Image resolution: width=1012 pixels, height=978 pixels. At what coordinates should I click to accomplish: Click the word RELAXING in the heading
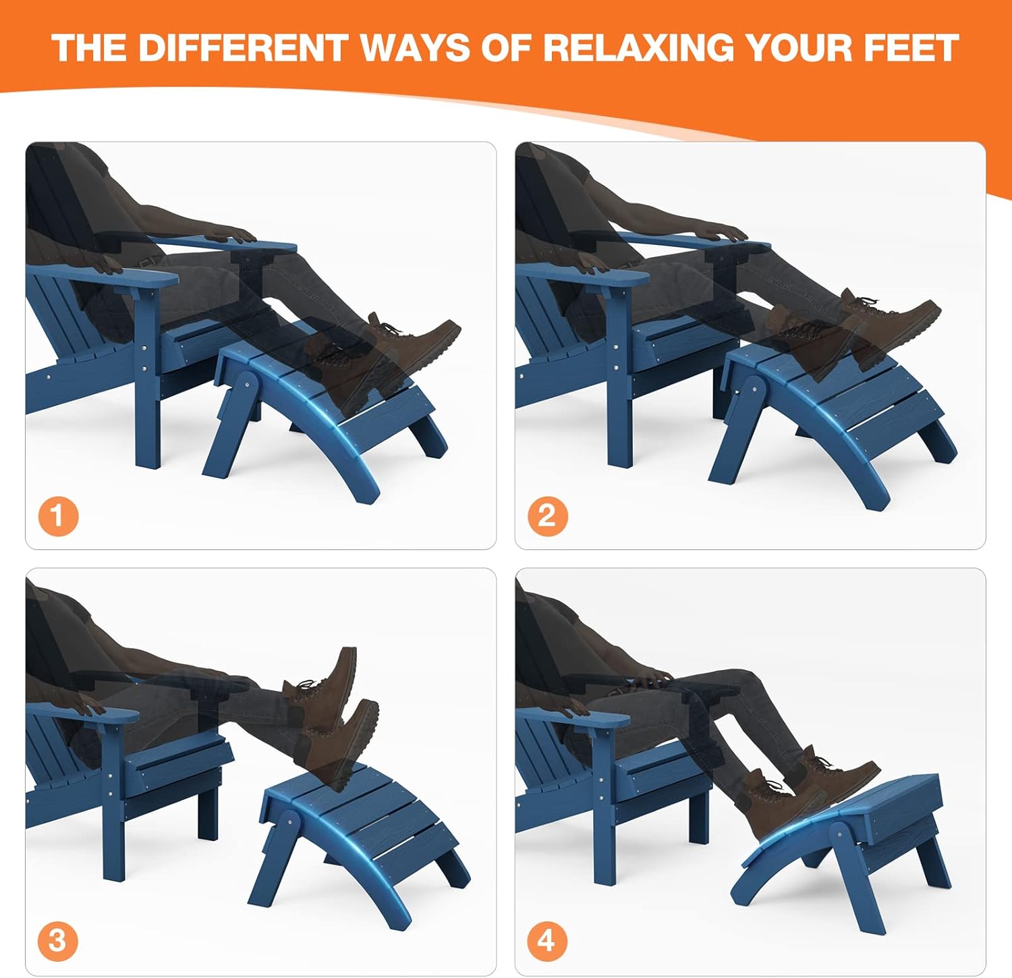tap(639, 48)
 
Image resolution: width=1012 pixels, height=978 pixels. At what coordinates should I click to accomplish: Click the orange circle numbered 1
tap(58, 516)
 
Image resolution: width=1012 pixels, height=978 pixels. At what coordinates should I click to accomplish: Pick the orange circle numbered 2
tap(547, 516)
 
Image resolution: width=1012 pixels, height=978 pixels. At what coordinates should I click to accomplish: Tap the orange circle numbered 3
tap(58, 940)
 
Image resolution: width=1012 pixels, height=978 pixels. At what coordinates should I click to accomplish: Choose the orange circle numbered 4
tap(547, 940)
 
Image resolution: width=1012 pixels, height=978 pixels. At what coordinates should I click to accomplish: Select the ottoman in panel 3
tap(358, 830)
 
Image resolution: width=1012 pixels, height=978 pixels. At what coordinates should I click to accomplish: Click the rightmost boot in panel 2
tap(897, 321)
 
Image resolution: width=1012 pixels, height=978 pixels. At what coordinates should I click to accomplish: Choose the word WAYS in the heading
tap(414, 48)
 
